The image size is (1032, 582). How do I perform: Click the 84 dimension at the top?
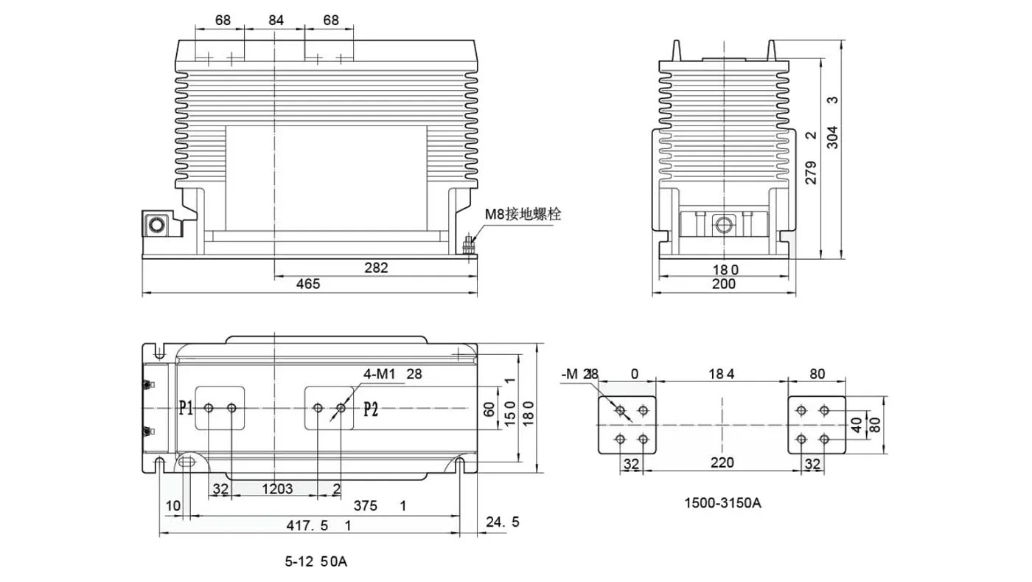(276, 21)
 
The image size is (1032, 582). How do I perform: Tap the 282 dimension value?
(376, 268)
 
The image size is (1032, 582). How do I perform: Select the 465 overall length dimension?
(307, 284)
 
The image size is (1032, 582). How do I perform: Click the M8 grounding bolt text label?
(523, 215)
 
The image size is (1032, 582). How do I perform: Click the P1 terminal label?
(186, 408)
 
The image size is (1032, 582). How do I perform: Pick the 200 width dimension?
(724, 284)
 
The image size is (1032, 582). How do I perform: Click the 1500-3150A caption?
(722, 504)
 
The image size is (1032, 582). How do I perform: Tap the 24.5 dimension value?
(503, 522)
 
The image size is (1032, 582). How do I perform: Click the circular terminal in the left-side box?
(156, 224)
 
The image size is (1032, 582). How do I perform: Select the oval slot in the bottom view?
(186, 463)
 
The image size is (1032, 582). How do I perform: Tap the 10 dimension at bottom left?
(172, 505)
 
